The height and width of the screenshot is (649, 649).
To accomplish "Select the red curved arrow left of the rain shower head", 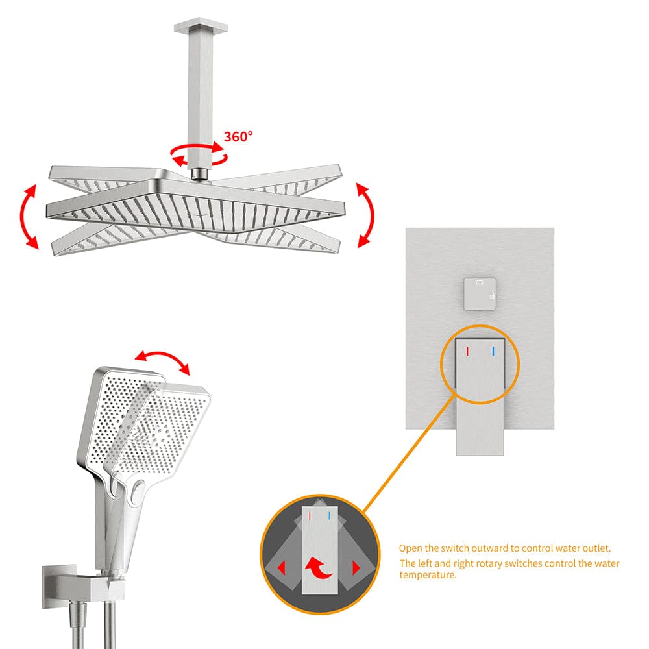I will click(28, 216).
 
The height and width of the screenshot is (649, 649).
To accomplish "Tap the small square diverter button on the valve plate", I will click(479, 294).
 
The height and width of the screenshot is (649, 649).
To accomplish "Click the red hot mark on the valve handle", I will click(467, 351).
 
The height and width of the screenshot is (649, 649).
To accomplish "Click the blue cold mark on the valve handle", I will click(493, 351).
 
